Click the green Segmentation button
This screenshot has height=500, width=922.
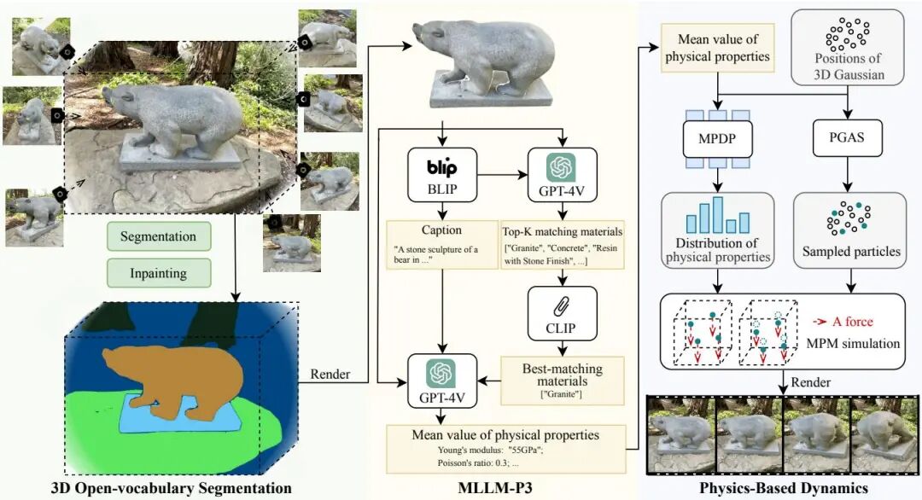(x=158, y=236)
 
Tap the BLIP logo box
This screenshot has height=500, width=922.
(x=442, y=174)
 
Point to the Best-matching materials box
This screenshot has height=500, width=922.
(x=561, y=379)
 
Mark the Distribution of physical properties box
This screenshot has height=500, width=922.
(x=717, y=229)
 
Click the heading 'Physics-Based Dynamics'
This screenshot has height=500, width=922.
(x=785, y=489)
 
